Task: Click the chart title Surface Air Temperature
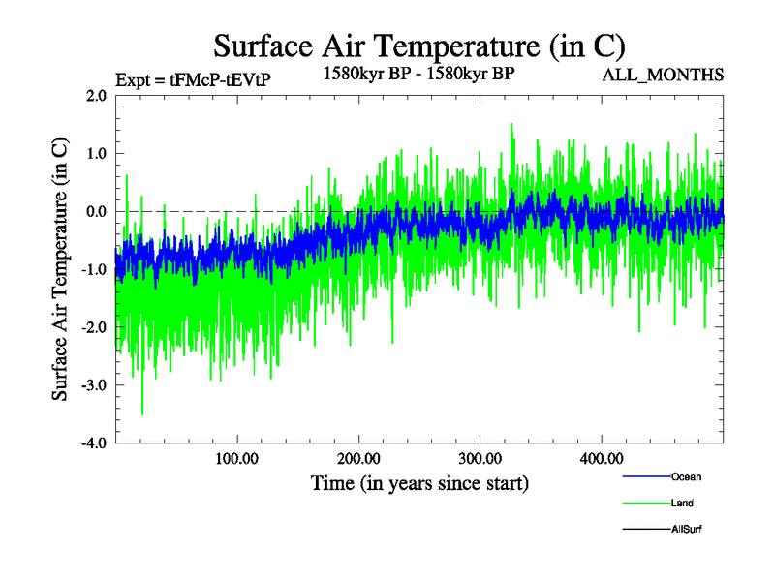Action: tap(419, 46)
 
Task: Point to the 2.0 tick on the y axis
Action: tap(96, 95)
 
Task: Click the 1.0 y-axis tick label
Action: tap(96, 153)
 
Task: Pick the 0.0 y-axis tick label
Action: tap(96, 211)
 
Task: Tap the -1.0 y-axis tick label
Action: tap(94, 269)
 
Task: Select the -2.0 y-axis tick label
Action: tap(94, 327)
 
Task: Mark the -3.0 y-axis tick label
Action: tap(94, 385)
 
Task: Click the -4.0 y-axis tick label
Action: tap(94, 443)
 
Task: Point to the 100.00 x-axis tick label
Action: tap(236, 458)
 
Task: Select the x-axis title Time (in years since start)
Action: tap(419, 481)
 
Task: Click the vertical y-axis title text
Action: tap(60, 269)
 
